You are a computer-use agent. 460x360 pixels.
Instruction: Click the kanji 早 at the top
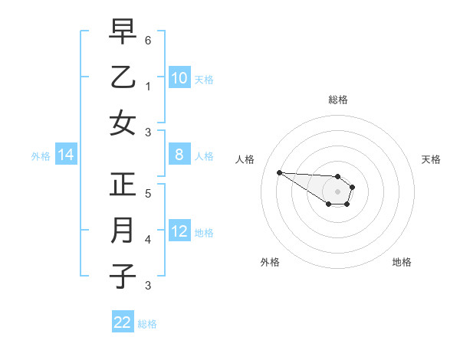[123, 31]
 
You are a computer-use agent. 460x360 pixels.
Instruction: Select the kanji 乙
[123, 77]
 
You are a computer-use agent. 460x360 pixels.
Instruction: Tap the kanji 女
[123, 123]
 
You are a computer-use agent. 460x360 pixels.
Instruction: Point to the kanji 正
[123, 185]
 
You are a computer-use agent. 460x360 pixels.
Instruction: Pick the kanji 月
[123, 231]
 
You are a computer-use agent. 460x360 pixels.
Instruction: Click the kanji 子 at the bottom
[123, 277]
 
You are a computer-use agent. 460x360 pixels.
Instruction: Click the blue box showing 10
[179, 77]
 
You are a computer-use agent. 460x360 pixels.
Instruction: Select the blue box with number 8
[179, 155]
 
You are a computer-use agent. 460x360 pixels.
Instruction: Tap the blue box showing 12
[179, 231]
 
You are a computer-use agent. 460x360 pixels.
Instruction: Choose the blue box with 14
[66, 155]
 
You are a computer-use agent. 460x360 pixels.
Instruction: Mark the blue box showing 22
[123, 322]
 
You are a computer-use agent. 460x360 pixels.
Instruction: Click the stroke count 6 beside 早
[147, 39]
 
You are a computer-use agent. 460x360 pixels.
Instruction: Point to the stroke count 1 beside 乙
[147, 86]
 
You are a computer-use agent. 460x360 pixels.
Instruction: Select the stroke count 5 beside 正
[147, 193]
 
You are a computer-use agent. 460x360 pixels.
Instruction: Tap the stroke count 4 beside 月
[147, 240]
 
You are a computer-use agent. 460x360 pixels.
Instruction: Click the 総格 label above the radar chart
[337, 100]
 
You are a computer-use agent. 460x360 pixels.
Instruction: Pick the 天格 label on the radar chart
[431, 159]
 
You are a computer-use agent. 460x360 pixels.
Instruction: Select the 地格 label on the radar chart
[402, 262]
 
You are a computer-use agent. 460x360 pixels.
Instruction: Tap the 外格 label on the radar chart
[270, 262]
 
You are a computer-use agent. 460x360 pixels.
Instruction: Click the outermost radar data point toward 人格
[279, 172]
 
